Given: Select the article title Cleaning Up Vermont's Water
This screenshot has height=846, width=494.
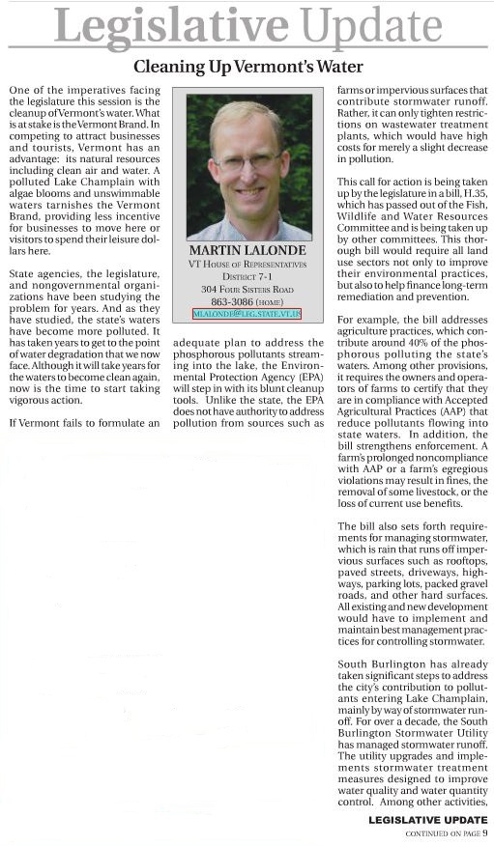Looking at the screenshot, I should point(247,67).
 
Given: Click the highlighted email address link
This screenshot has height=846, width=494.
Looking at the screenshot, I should point(247,314).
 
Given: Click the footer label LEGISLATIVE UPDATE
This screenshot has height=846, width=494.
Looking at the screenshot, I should point(434,820).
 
